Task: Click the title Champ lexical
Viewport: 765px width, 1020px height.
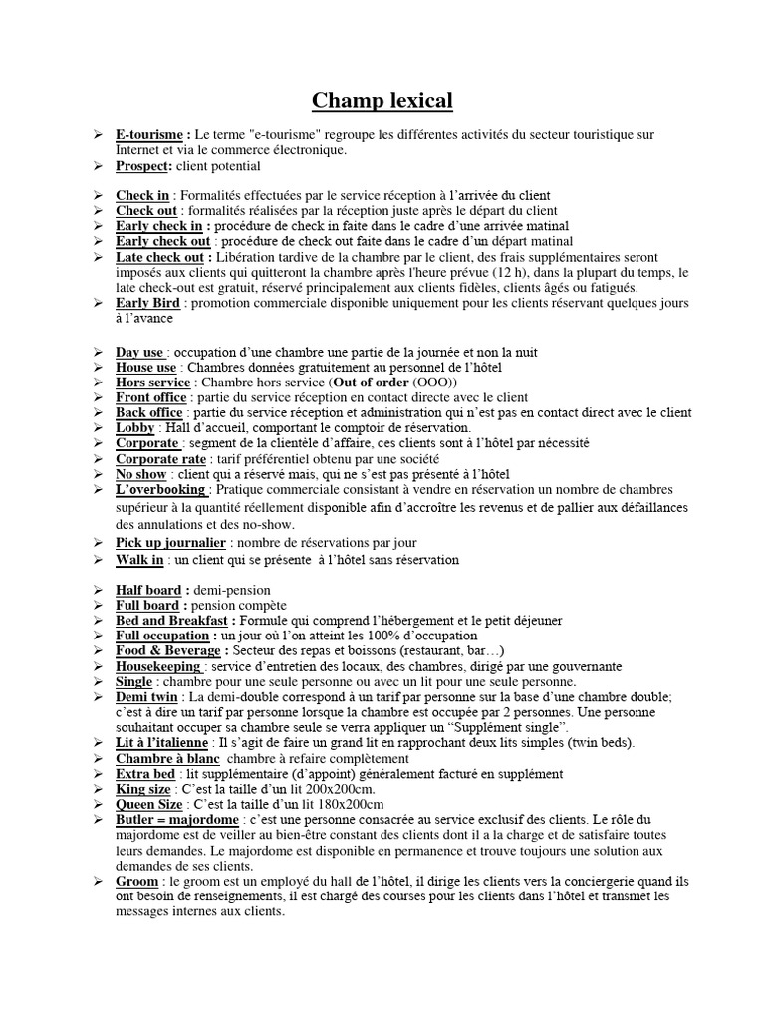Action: (x=382, y=100)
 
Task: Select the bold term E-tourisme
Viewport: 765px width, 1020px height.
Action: (x=152, y=134)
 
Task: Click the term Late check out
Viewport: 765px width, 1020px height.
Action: (x=159, y=257)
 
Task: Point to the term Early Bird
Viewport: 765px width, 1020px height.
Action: (x=145, y=303)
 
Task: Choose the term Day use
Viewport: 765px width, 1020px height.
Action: (x=140, y=352)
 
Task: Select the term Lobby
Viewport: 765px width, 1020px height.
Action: (x=134, y=427)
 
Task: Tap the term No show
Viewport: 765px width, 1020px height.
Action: (x=140, y=473)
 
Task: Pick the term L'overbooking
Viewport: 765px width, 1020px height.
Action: (x=161, y=489)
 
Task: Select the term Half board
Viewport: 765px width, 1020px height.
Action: (x=148, y=590)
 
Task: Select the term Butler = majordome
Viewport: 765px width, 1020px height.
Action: (x=181, y=819)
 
